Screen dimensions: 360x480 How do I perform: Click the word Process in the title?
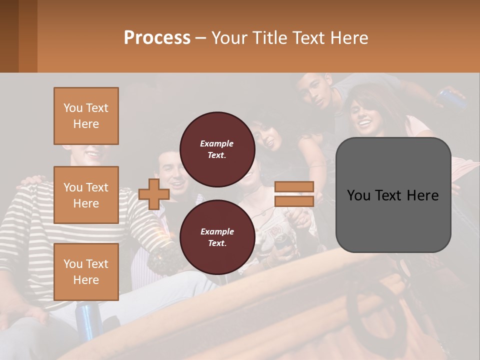pos(157,38)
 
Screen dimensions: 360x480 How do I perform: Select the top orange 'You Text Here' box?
pos(86,116)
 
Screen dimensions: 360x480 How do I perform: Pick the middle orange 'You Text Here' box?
pos(86,195)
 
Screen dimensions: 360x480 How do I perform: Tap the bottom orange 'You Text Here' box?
pos(86,272)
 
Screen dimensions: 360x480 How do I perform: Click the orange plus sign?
pos(154,194)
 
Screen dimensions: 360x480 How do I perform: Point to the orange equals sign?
pos(294,194)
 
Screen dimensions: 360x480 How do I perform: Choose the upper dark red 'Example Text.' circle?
pos(217,149)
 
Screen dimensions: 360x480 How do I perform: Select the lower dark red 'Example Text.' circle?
pos(217,237)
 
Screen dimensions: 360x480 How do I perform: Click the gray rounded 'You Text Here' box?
pos(393,195)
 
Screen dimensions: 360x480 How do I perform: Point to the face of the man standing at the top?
pos(318,92)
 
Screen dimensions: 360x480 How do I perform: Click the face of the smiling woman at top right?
pos(363,114)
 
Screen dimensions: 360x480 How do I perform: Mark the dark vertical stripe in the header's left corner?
pos(9,36)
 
